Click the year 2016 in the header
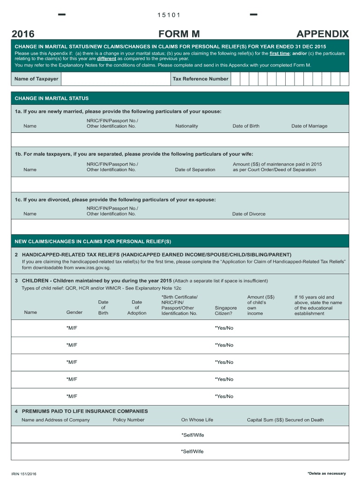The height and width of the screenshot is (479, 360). click(x=23, y=34)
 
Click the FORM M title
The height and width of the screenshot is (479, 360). click(x=180, y=34)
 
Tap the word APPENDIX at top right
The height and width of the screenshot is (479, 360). click(x=323, y=34)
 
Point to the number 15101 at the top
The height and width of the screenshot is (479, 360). click(x=169, y=15)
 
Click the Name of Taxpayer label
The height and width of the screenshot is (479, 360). click(x=36, y=79)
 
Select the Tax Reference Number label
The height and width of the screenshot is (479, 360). click(x=201, y=79)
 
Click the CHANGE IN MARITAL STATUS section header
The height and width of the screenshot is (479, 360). click(x=51, y=99)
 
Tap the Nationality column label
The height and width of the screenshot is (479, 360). click(x=187, y=126)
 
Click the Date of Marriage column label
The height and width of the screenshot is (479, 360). click(x=309, y=126)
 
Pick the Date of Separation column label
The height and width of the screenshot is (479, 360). click(x=195, y=169)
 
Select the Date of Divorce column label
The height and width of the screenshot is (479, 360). click(x=249, y=214)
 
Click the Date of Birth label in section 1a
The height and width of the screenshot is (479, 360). click(x=246, y=126)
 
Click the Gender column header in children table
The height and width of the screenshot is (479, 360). click(x=74, y=312)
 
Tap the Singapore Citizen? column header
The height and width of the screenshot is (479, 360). click(x=226, y=311)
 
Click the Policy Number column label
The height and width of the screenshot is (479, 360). click(x=129, y=420)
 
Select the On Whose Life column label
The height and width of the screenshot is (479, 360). click(x=197, y=420)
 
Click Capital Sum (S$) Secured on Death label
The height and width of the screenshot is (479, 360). click(x=285, y=420)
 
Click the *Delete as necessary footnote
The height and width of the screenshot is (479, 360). click(x=326, y=473)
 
